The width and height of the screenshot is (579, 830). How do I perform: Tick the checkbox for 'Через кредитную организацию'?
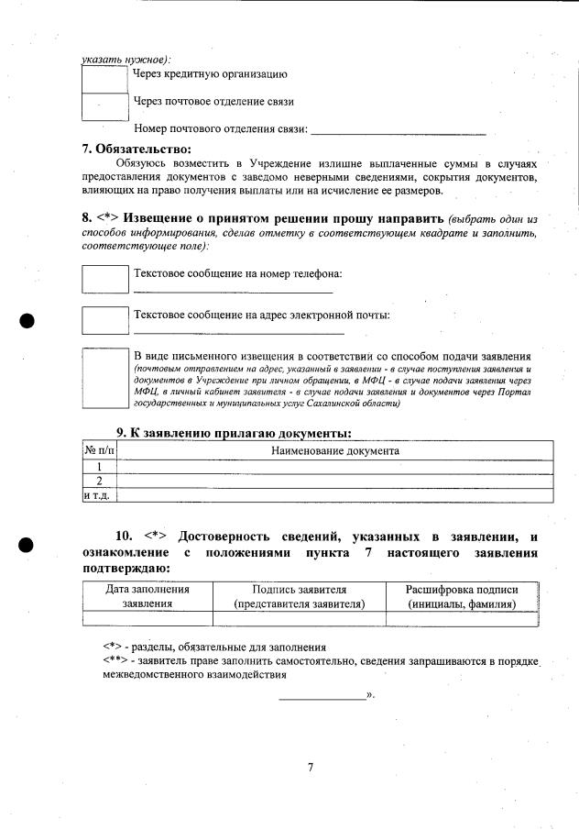tap(104, 78)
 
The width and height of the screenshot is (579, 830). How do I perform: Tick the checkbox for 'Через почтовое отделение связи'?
tap(104, 106)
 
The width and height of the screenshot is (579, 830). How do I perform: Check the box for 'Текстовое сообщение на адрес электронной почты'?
tap(105, 320)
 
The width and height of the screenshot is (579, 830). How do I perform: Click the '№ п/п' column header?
tap(100, 450)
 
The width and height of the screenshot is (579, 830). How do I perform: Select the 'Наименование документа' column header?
tap(335, 450)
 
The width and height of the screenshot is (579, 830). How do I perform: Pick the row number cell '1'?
tap(100, 466)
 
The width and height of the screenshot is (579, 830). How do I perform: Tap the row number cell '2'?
tap(100, 481)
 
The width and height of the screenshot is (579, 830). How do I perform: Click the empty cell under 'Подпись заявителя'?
tap(299, 619)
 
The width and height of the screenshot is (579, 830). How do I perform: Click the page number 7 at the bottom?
tap(311, 767)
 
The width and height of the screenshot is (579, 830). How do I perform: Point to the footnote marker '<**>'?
tap(116, 660)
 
